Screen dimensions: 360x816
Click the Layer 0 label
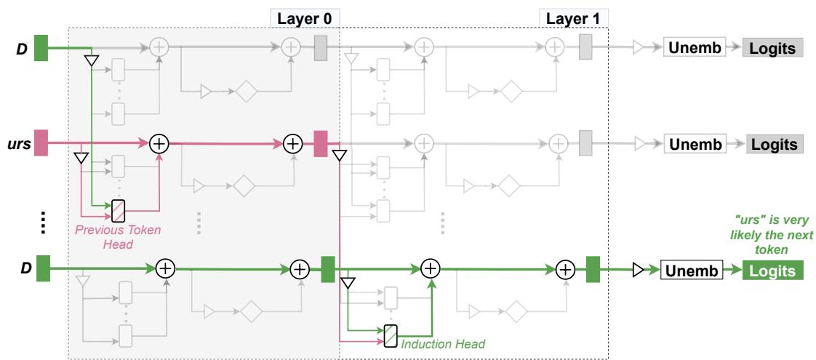(306, 17)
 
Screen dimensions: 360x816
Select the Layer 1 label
(573, 17)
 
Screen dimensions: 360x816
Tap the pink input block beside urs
(41, 143)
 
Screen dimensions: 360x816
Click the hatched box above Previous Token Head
(119, 209)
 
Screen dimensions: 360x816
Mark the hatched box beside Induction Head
(391, 335)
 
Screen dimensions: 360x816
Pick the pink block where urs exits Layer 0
(321, 143)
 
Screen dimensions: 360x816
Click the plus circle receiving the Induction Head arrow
(431, 268)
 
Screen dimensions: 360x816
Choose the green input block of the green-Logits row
(41, 268)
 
